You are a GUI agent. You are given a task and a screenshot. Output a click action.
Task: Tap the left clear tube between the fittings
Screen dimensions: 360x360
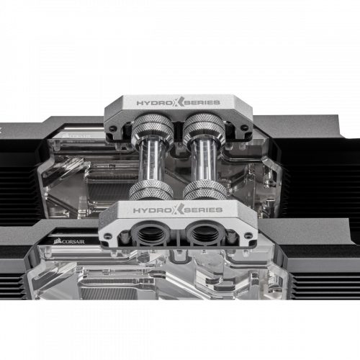point(150,163)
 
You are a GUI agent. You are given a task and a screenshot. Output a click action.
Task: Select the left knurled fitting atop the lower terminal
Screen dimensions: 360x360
point(150,190)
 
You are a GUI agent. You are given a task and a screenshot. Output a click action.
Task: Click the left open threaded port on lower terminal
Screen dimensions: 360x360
point(153,235)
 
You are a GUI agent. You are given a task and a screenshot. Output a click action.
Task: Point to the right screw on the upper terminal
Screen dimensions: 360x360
point(243,129)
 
